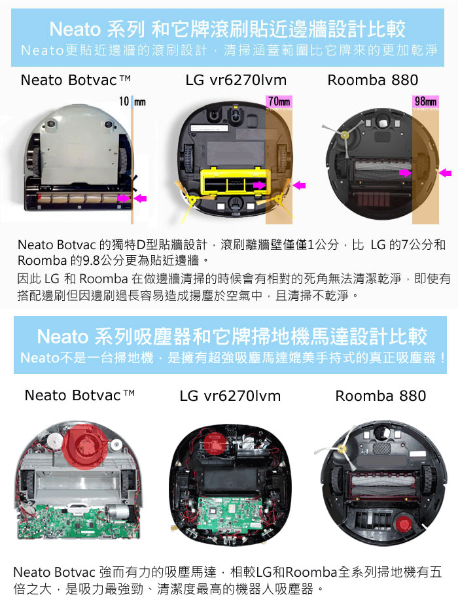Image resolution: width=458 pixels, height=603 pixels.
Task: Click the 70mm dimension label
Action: pyautogui.click(x=279, y=101)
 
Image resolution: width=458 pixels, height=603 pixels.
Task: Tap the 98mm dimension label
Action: pyautogui.click(x=425, y=101)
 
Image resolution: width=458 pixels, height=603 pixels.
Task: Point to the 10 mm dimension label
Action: pyautogui.click(x=132, y=101)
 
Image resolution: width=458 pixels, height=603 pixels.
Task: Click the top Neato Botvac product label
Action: pyautogui.click(x=75, y=80)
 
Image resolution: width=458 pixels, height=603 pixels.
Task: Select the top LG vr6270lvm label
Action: pyautogui.click(x=236, y=80)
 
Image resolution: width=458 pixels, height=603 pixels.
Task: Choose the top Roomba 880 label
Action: pyautogui.click(x=372, y=80)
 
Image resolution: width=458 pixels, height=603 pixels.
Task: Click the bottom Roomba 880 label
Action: pyautogui.click(x=381, y=396)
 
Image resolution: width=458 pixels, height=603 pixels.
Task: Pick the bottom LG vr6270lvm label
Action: pyautogui.click(x=230, y=396)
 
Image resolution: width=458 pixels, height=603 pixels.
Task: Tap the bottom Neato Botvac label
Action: pyautogui.click(x=80, y=395)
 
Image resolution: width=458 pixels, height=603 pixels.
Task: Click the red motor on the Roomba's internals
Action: pyautogui.click(x=404, y=524)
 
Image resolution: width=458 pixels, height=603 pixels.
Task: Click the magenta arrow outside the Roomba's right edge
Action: pyautogui.click(x=446, y=173)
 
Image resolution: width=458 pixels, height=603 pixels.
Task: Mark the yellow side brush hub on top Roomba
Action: pyautogui.click(x=344, y=135)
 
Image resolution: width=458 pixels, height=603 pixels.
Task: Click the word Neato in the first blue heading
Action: pyautogui.click(x=75, y=29)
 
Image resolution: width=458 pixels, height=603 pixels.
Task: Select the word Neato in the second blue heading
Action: pyautogui.click(x=62, y=337)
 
